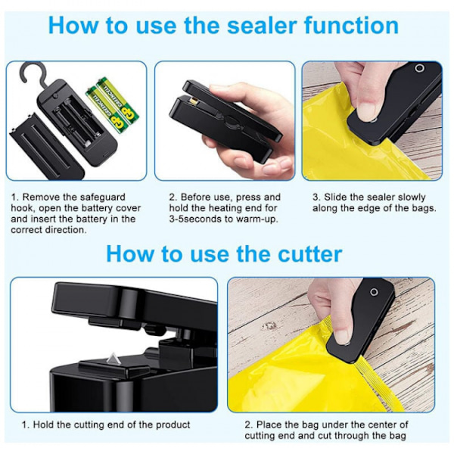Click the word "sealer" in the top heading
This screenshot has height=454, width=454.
coord(262,26)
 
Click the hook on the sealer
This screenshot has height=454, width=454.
coord(31,73)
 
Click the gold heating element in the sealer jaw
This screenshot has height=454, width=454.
coord(193,101)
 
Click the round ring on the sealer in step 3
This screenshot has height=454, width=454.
coord(419,68)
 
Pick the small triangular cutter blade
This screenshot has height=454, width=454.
coord(112,359)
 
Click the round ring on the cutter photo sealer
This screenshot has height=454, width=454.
coord(374,292)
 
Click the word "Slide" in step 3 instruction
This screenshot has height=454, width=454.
coord(335,197)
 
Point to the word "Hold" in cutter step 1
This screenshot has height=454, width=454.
coord(43,424)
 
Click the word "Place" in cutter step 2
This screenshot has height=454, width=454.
coord(269,424)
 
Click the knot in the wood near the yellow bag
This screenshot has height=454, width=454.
coord(270,326)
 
